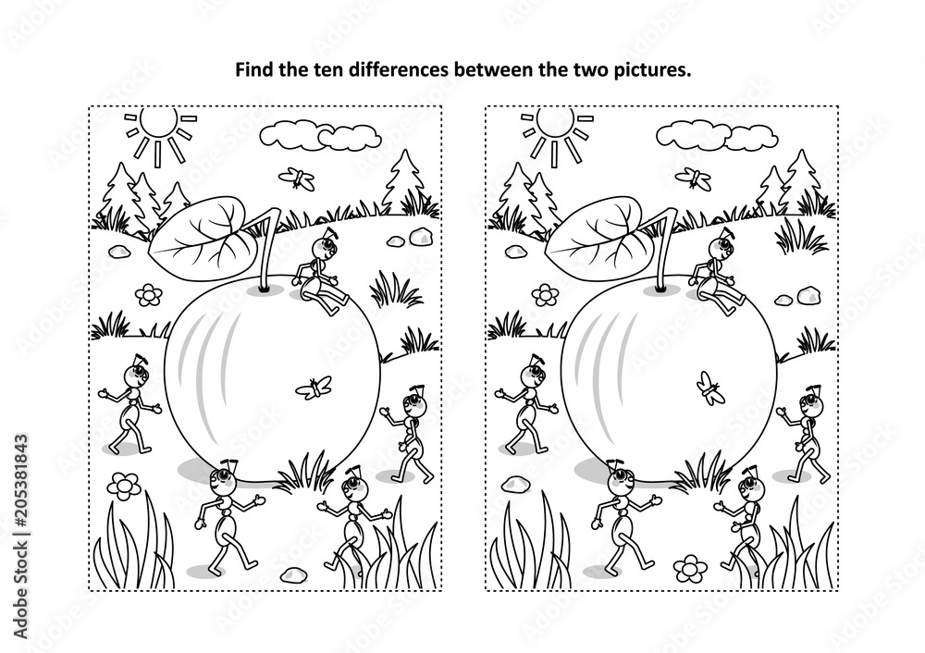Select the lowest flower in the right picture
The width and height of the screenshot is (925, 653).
coord(688,567)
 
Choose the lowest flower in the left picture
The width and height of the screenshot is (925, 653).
coord(123,485)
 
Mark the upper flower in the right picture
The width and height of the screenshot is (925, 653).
coord(545,294)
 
